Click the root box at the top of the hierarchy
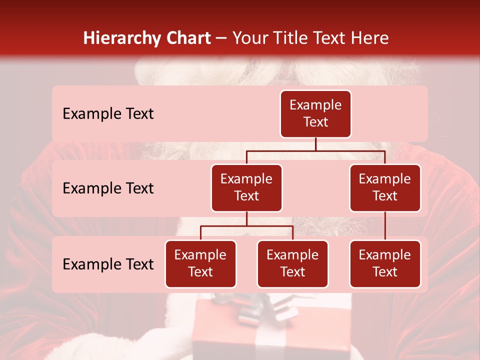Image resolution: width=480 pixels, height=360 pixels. [315, 113]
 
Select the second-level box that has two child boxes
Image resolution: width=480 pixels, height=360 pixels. [246, 187]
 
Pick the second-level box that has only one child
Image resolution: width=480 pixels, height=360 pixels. [385, 187]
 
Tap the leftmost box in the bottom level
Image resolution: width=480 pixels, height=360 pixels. [200, 263]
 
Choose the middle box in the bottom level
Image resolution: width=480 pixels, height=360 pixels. [292, 263]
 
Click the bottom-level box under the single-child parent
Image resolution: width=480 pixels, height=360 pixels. [385, 263]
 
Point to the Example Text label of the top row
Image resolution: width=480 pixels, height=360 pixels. [108, 113]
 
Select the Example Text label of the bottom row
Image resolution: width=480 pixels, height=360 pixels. [108, 264]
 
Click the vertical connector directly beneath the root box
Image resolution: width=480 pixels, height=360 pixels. [315, 144]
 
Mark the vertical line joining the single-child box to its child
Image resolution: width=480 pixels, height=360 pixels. [385, 226]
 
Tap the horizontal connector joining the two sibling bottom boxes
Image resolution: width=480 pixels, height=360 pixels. [246, 226]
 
